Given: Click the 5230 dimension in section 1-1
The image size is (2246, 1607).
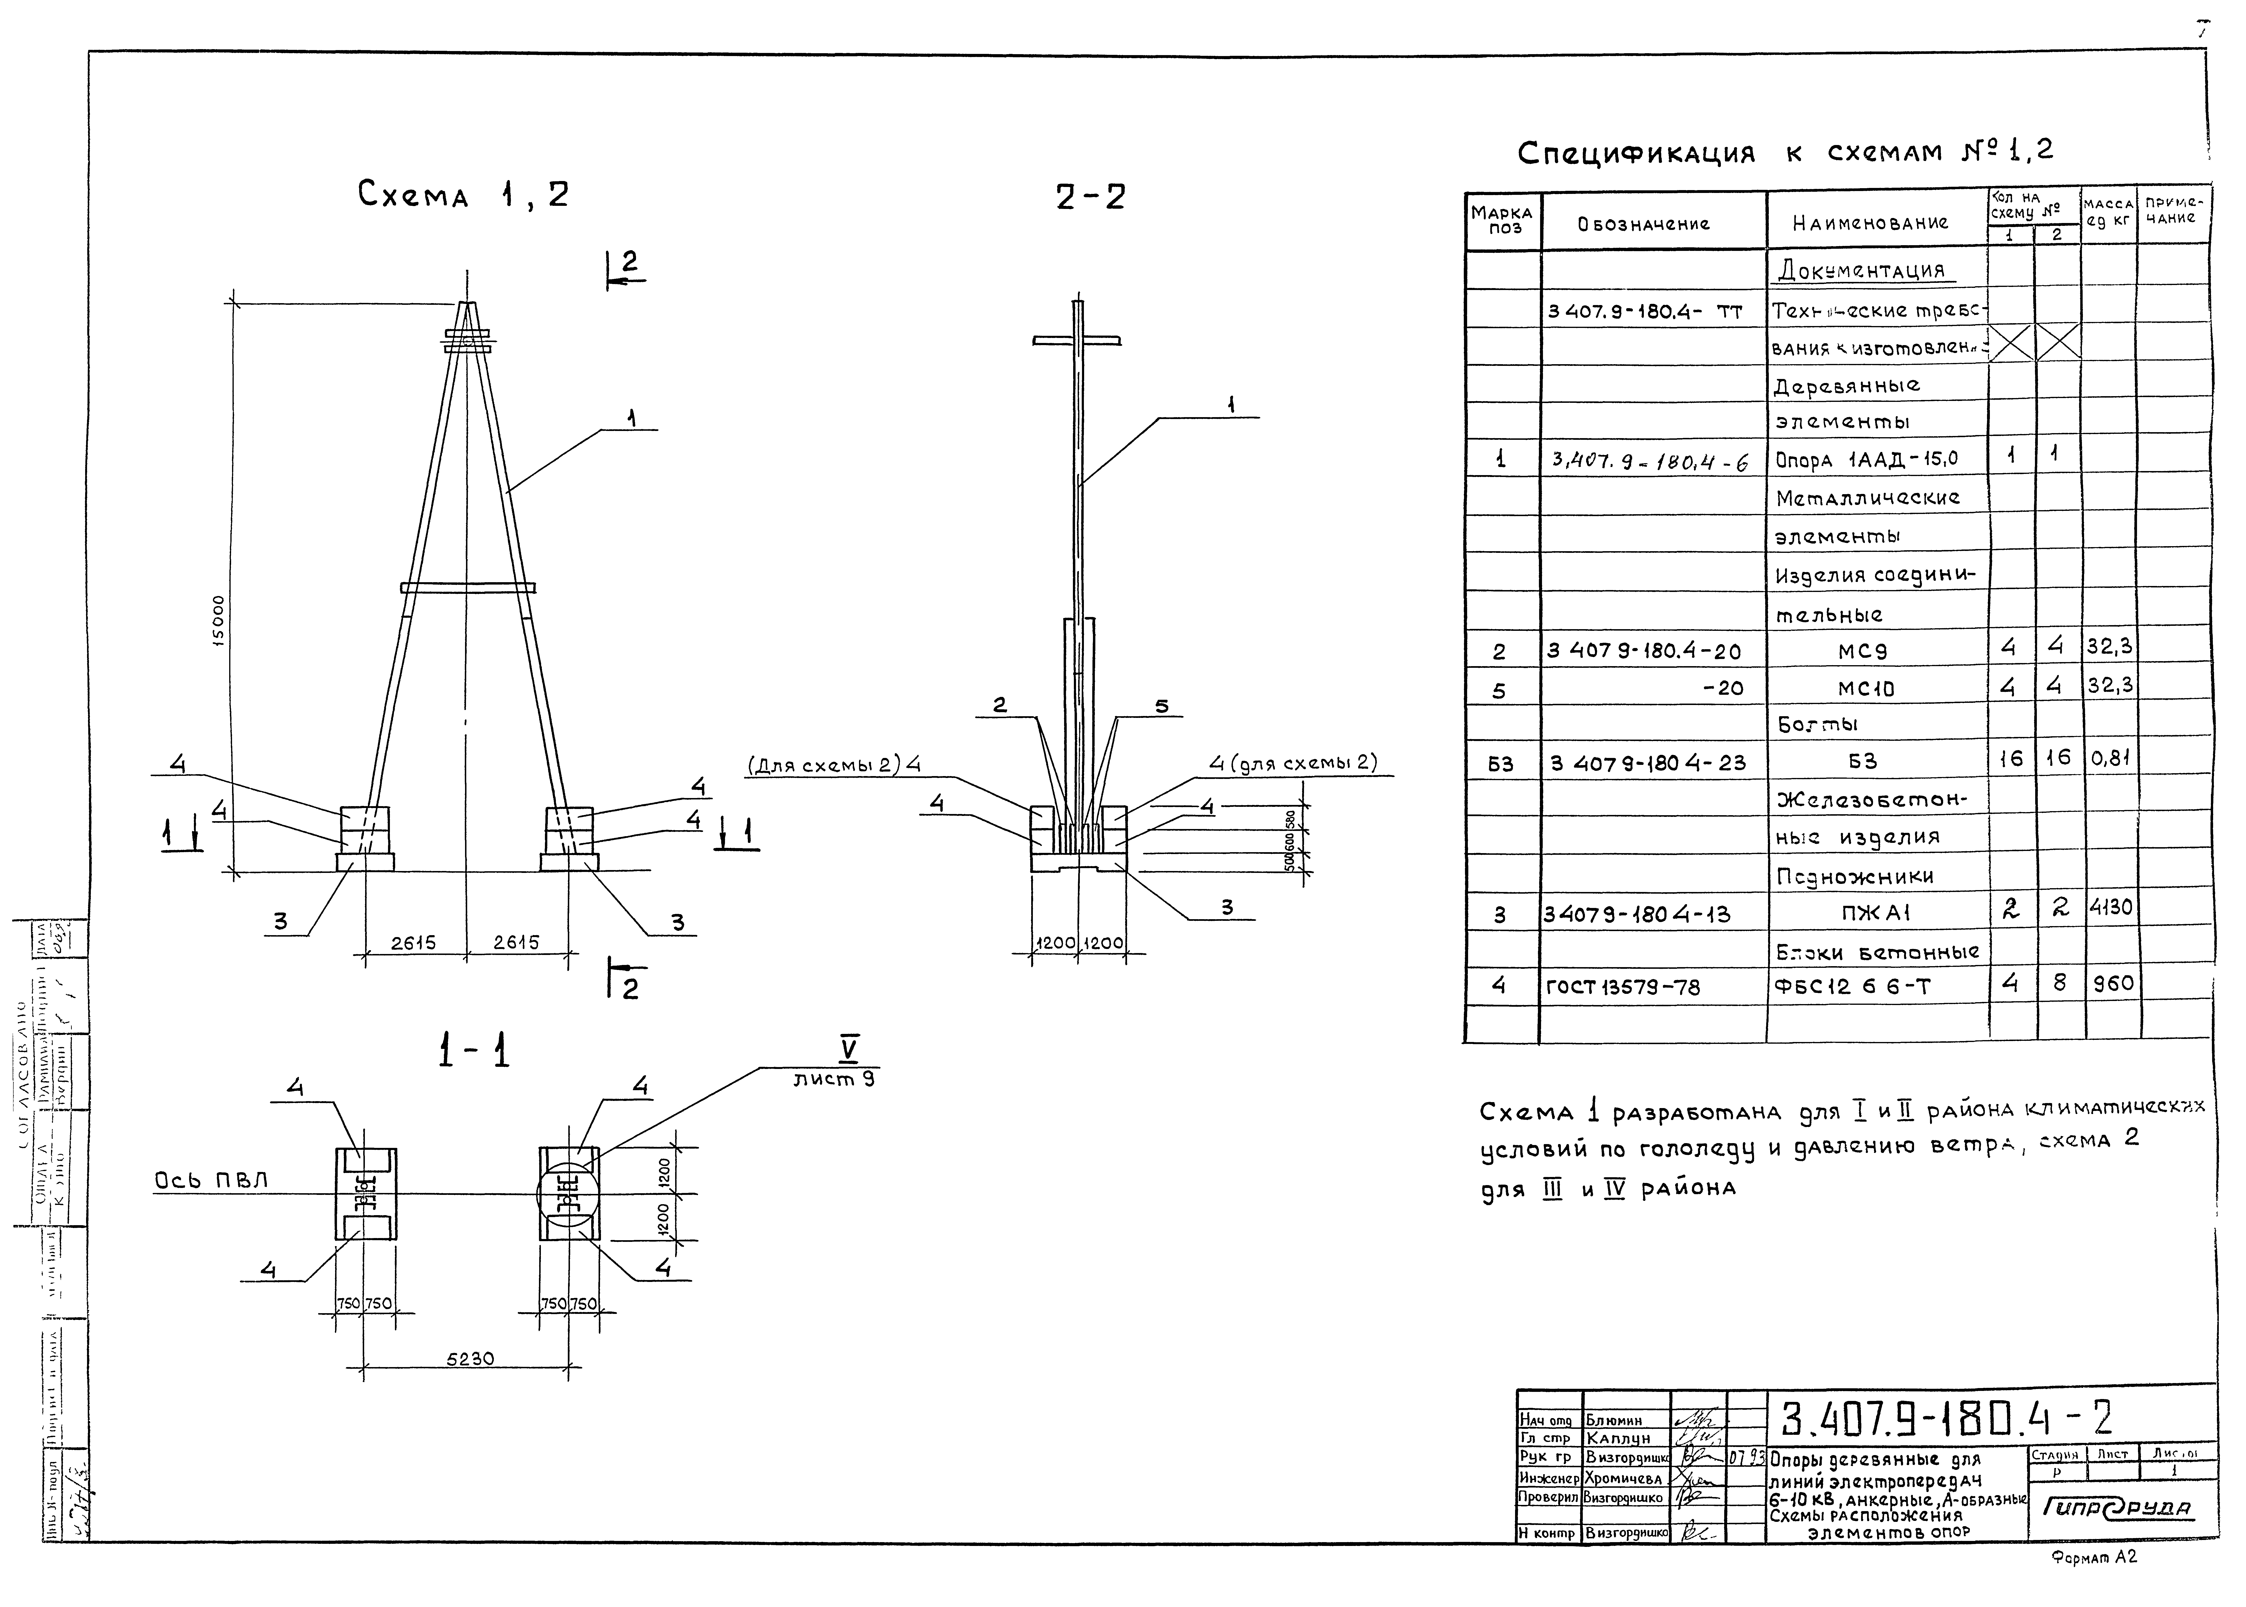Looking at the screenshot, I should (x=470, y=1359).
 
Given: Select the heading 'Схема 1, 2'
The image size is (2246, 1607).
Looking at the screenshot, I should (x=463, y=194).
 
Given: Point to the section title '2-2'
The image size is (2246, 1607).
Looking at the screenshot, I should (x=1090, y=197).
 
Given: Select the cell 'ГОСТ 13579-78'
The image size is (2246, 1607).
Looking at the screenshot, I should (x=1623, y=987).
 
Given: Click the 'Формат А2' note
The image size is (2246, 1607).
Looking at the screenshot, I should (x=2095, y=1584).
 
